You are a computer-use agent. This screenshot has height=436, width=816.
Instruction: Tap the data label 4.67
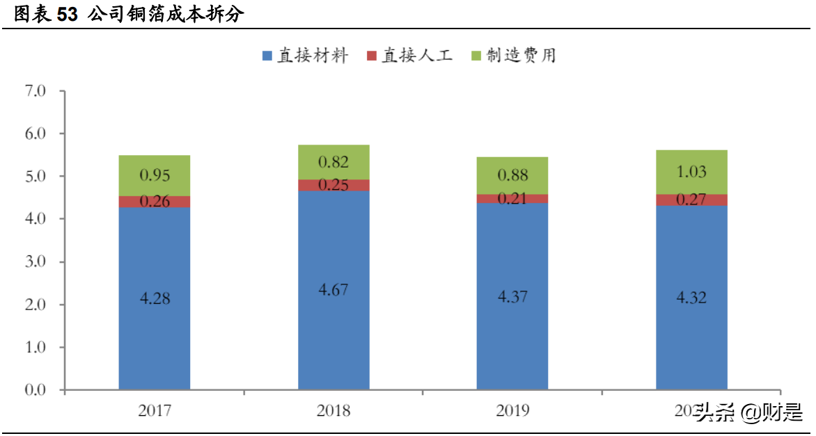pos(334,289)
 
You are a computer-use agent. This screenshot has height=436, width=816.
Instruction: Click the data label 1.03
pos(691,172)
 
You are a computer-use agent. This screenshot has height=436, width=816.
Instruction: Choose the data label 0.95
pos(155,175)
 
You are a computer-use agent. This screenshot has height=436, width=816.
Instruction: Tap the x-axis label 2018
pos(334,411)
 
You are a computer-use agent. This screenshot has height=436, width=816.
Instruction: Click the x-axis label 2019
pos(512,411)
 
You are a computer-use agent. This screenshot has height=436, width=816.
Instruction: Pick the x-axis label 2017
pos(155,411)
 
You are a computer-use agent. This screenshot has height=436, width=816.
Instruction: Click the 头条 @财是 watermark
pos(748,413)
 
